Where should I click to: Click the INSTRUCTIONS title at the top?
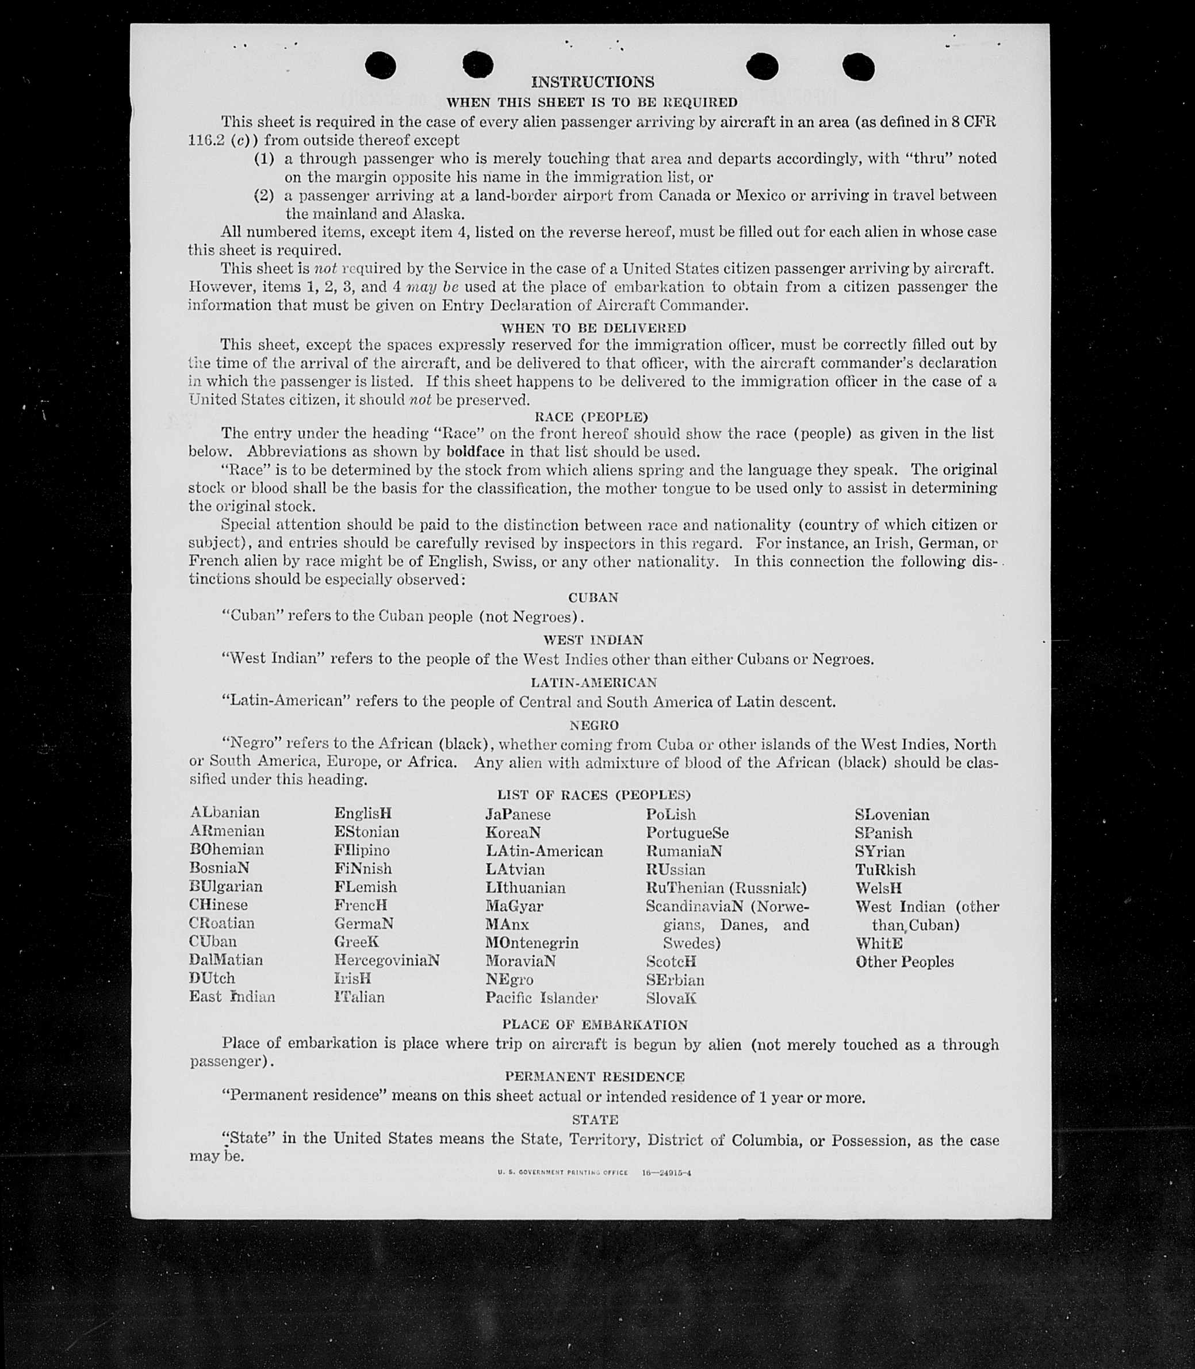tap(592, 82)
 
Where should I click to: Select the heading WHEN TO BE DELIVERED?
tap(593, 328)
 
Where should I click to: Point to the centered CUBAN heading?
tap(593, 597)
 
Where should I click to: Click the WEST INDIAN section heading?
tap(593, 640)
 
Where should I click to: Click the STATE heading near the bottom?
tap(595, 1119)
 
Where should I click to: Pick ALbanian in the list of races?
tap(225, 812)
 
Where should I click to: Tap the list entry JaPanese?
tap(518, 814)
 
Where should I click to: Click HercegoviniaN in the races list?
tap(387, 960)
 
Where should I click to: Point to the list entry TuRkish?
tap(885, 869)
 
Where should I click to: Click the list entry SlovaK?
tap(671, 998)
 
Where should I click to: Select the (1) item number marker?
tap(264, 159)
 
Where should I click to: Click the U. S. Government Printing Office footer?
tap(593, 1172)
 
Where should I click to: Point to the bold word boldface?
tap(475, 451)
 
